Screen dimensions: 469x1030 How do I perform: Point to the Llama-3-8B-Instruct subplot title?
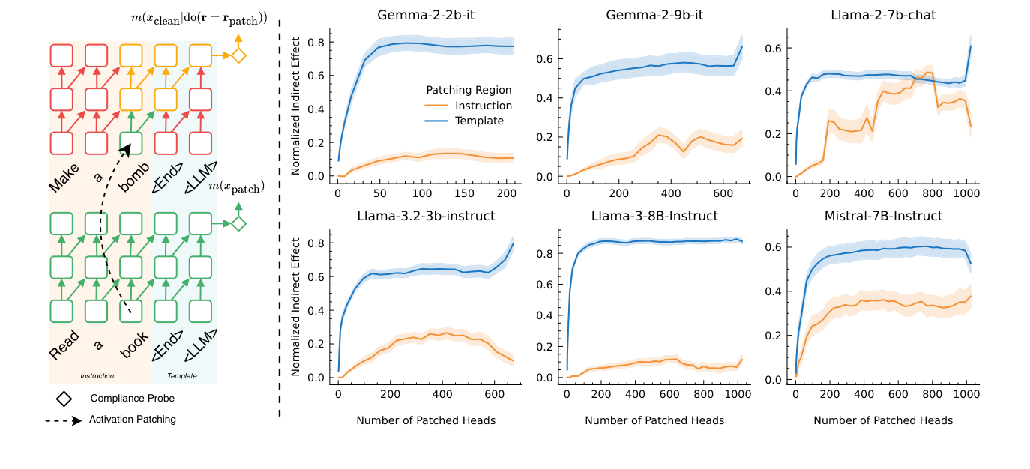[654, 216]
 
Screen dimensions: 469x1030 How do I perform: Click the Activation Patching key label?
[133, 420]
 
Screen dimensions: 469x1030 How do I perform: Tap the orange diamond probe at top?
[238, 55]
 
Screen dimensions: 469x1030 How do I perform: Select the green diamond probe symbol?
[238, 223]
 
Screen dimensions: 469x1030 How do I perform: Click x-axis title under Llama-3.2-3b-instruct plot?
[426, 420]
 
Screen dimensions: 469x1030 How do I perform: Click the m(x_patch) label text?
[236, 187]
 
